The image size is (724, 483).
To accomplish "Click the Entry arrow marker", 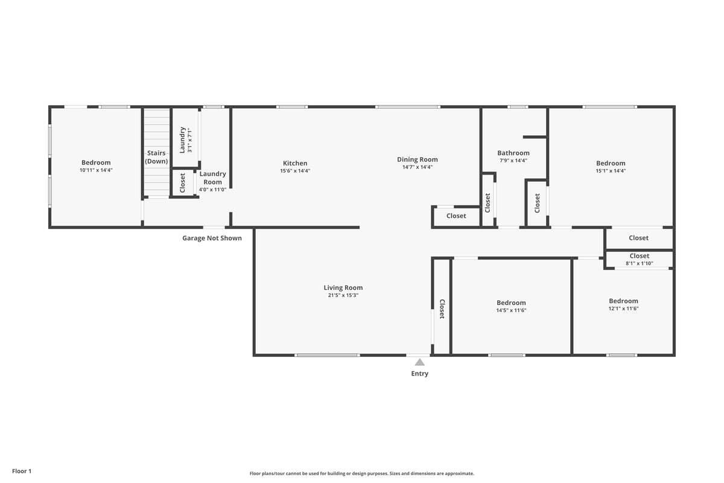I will (x=419, y=362).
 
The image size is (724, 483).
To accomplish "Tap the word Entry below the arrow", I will (x=419, y=374).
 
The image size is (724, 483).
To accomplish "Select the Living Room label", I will (x=343, y=288).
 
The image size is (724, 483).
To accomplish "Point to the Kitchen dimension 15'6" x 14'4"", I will (x=295, y=171).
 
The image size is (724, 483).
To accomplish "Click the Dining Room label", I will (x=417, y=159).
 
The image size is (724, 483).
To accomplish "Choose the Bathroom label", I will (x=513, y=153).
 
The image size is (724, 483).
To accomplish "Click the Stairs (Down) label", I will (x=156, y=157).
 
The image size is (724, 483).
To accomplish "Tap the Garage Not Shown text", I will (x=212, y=238).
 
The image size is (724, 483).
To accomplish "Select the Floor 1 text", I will (x=21, y=471).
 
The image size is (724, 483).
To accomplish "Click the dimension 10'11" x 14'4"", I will (x=96, y=170).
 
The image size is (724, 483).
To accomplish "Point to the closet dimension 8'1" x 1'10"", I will (x=639, y=263).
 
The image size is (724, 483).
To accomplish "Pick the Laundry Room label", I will (x=212, y=178).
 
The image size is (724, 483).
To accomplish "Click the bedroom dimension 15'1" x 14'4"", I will (x=611, y=171).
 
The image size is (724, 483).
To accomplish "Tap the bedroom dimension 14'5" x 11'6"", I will (x=511, y=310).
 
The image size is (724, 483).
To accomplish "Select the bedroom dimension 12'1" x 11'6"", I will (x=623, y=309).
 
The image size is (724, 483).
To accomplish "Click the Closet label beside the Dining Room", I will (x=456, y=216).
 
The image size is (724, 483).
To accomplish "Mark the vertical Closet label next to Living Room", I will (x=442, y=309).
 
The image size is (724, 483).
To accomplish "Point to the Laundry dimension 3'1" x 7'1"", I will (x=189, y=140).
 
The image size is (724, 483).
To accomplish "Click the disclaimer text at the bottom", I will (x=362, y=473).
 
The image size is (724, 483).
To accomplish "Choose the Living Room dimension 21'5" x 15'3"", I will (x=343, y=296).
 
